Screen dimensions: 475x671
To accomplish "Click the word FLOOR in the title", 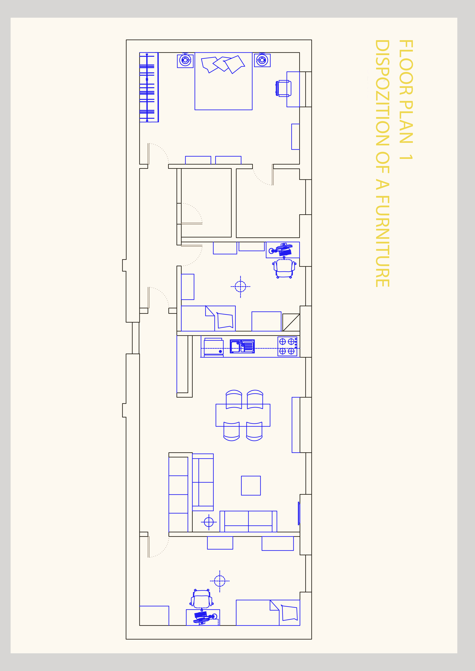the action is pos(406,67).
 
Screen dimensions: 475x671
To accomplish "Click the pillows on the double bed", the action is pos(223,64).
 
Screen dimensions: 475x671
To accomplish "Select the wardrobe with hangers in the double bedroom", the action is pos(149,87).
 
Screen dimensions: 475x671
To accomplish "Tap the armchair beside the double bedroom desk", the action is pos(283,88).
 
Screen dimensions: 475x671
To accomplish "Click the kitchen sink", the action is pos(242,346).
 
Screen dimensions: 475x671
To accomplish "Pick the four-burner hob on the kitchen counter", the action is pos(287,346).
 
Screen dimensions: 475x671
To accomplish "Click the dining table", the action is pos(243,415).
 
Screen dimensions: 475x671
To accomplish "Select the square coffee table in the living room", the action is pos(251,486).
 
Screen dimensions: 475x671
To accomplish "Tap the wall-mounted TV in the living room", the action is pos(299,513).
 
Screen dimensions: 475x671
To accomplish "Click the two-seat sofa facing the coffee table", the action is pos(248,522).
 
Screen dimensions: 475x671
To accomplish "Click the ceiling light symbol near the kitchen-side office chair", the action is pos(240,287).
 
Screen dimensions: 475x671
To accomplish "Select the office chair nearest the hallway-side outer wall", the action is pos(202,599).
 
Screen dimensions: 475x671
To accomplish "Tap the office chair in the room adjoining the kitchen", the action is pos(284,268).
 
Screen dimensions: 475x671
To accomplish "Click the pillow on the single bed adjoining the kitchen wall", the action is pos(225,321).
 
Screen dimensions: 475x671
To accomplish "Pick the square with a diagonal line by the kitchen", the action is pos(291,322).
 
